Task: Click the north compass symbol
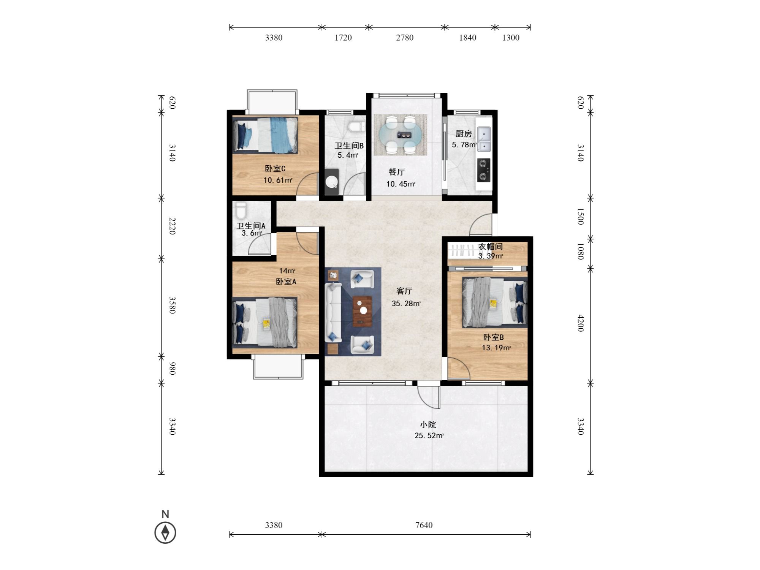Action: coord(165,532)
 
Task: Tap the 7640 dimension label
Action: coord(424,525)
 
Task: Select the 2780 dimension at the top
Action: coord(405,38)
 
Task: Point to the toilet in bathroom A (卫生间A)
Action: coord(241,210)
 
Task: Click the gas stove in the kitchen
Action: coord(483,170)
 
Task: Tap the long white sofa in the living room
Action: coord(333,312)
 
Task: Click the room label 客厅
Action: coord(404,291)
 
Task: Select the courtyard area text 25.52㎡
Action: coord(429,435)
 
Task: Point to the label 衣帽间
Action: coord(490,247)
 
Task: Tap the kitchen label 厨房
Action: coord(464,134)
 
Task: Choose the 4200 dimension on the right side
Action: coord(580,323)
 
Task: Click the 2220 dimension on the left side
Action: coord(172,226)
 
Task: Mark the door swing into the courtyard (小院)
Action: coord(429,397)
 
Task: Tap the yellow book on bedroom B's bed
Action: coord(493,304)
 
